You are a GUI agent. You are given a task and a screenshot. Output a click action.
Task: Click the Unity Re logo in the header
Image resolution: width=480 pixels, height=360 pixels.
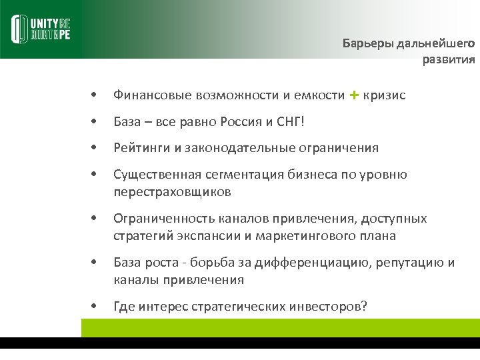[x=41, y=29]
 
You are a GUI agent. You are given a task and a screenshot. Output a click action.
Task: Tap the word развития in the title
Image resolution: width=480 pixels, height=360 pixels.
[x=449, y=60]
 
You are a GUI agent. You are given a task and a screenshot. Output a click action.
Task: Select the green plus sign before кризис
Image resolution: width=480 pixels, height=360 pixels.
[x=353, y=95]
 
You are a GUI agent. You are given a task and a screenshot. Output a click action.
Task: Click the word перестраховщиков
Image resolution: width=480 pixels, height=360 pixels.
[x=172, y=192]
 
